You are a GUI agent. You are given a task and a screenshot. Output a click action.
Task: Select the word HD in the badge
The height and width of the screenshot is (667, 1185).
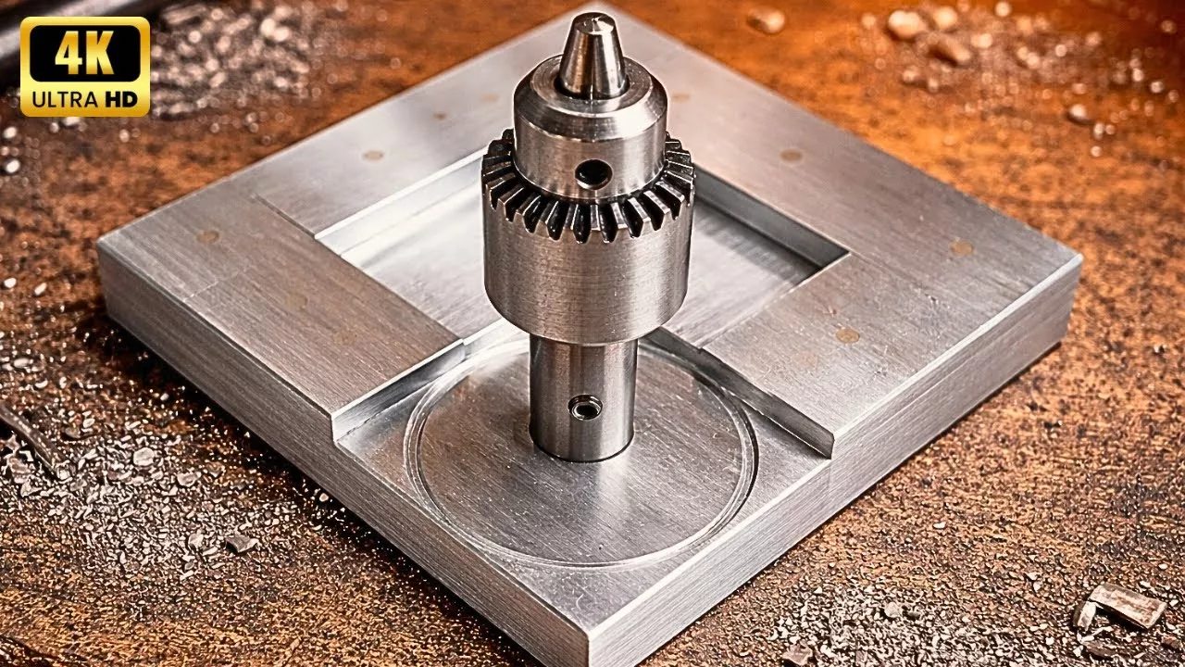point(120,99)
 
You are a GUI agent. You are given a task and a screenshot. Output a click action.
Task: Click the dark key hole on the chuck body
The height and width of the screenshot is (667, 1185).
point(592,173)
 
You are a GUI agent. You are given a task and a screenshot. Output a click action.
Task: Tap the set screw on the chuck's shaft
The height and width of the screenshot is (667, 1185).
point(584,407)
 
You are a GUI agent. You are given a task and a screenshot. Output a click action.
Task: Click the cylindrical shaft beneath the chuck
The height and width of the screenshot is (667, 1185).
point(583,399)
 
